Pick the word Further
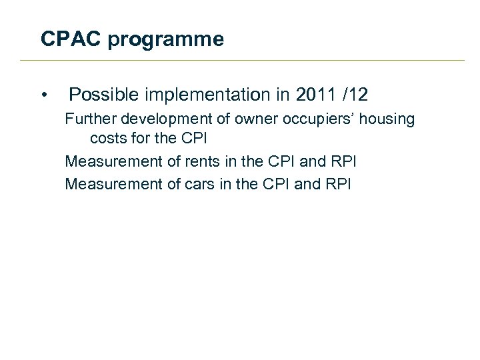pyautogui.click(x=89, y=119)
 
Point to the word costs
pyautogui.click(x=107, y=139)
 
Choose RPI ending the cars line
pyautogui.click(x=337, y=183)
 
